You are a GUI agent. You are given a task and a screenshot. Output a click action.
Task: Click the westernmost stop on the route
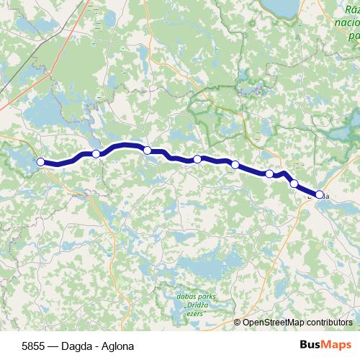41,162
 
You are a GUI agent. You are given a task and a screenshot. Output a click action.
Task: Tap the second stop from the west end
96,153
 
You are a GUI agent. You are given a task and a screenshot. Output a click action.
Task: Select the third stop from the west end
148,150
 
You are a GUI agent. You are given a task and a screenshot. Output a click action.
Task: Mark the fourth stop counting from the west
197,159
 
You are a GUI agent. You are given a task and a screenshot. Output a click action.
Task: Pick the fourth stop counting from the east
235,165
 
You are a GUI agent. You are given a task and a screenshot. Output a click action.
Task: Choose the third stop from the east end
269,174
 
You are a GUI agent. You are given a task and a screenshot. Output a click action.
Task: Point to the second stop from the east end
294,184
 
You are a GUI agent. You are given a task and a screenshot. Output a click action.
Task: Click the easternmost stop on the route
320,194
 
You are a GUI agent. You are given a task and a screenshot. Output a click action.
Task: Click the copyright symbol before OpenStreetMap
238,323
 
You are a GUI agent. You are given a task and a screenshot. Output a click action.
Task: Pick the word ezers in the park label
194,313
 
